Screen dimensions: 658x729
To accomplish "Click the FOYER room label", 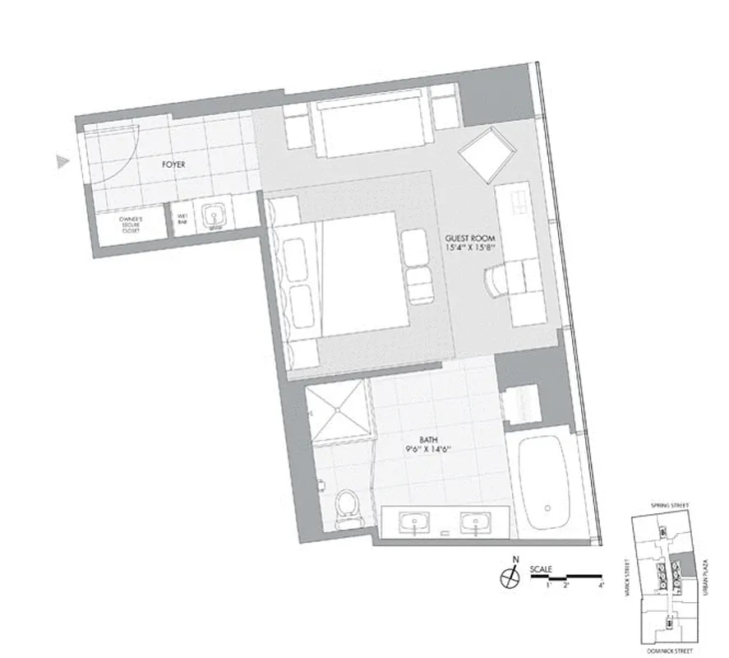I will (x=173, y=164).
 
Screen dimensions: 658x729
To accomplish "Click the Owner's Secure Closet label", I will (x=131, y=225).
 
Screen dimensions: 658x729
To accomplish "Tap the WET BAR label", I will (x=182, y=220).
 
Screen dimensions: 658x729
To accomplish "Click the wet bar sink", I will (x=215, y=217).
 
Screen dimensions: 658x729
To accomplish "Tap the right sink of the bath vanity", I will (x=474, y=521).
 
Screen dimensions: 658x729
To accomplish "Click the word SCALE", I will (x=542, y=569).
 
